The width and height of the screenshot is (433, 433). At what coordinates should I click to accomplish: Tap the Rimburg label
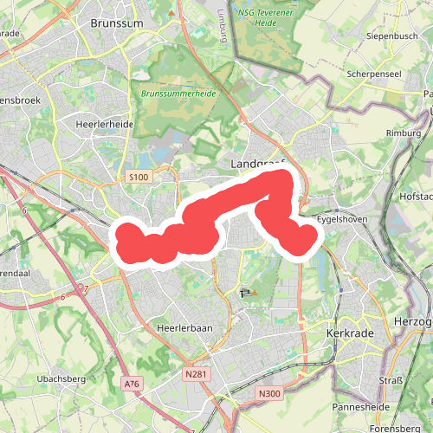(x=402, y=132)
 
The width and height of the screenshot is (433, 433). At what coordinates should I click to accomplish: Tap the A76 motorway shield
(x=132, y=384)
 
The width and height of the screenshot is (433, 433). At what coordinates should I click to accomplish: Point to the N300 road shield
(x=270, y=393)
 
